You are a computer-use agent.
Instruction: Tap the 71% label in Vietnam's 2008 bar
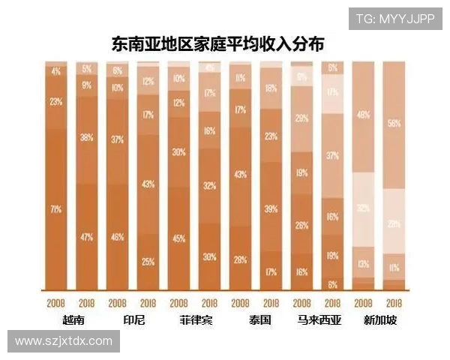coord(56,209)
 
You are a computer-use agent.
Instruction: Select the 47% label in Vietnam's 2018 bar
coord(87,237)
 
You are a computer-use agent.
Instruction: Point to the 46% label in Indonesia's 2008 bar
coord(118,237)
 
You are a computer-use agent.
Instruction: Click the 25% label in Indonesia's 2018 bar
coord(148,261)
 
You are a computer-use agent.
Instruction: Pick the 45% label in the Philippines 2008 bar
coord(179,239)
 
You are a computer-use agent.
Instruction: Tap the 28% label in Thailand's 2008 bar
coord(241,259)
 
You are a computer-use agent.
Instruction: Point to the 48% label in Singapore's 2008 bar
coord(364,115)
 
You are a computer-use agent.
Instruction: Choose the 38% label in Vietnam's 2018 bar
coord(87,137)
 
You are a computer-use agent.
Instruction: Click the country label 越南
coord(73,321)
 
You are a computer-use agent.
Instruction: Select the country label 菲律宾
coord(195,321)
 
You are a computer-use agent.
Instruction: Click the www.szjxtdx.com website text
coord(64,341)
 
